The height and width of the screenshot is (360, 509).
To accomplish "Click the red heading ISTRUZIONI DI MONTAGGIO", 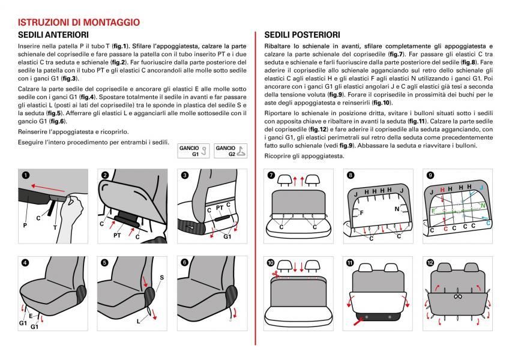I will click(79, 22).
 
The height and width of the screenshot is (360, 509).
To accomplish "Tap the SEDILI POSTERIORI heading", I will click(302, 35).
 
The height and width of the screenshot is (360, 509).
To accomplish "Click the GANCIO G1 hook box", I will click(193, 150).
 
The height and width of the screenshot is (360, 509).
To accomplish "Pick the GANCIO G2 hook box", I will click(230, 150).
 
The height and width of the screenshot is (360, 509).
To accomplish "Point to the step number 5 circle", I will click(104, 262).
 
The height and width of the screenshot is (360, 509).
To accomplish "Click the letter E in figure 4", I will click(31, 316).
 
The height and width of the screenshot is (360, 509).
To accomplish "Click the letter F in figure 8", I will click(361, 212).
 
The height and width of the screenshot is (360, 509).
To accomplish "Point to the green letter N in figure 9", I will click(484, 205).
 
